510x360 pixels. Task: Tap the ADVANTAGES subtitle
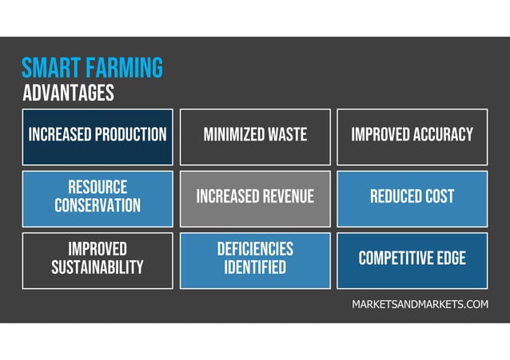(x=68, y=93)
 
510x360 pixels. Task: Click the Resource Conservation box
(x=98, y=197)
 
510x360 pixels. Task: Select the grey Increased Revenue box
(x=255, y=197)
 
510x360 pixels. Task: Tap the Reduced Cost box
(x=412, y=197)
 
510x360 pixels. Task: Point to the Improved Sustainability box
(x=98, y=259)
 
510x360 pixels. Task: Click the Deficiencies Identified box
(x=255, y=259)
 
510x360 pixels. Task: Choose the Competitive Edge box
(x=412, y=259)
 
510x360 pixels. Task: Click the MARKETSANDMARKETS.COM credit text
(x=420, y=305)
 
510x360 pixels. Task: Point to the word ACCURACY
(x=443, y=135)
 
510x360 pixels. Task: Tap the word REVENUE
(x=285, y=196)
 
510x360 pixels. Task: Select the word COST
(x=440, y=196)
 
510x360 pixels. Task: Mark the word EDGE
(x=449, y=258)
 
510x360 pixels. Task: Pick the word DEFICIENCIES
(x=255, y=249)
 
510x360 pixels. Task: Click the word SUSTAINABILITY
(x=98, y=267)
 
